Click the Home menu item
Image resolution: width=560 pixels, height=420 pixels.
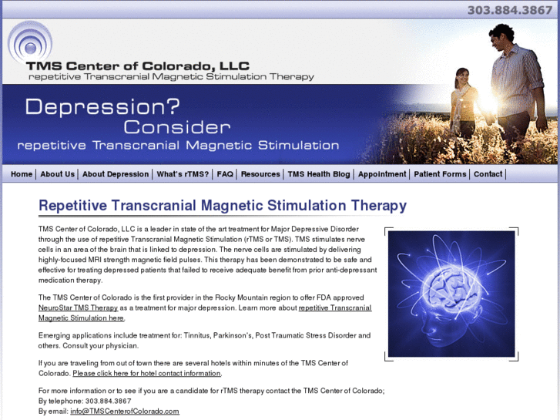coord(22,174)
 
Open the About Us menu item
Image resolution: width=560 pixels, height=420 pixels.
coord(58,174)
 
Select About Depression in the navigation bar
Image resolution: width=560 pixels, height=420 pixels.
coord(116,174)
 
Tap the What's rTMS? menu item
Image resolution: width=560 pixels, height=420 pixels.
coord(183,174)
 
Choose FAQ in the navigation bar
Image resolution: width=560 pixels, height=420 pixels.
coord(225,174)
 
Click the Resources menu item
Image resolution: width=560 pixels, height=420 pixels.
coord(260,174)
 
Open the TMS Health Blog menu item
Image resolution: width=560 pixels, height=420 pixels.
coord(319,174)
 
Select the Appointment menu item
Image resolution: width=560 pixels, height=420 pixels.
coord(382,174)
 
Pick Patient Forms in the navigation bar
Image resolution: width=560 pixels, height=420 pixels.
coord(440,174)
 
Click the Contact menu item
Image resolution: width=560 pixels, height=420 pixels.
coord(488,174)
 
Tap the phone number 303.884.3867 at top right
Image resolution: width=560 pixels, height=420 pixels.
coord(510,10)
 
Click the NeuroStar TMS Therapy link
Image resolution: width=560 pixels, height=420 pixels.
coord(78,307)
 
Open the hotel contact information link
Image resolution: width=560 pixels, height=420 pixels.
coord(147,373)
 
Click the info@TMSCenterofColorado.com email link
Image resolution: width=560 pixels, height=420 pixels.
coord(125,411)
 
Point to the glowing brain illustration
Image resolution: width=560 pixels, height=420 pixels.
coord(451,294)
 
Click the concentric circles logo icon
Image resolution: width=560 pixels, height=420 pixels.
coord(29,42)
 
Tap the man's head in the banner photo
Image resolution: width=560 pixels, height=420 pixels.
coord(502,35)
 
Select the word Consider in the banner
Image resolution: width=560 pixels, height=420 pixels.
coord(176,126)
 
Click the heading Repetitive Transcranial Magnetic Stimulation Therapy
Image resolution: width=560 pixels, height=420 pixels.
coord(223,206)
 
